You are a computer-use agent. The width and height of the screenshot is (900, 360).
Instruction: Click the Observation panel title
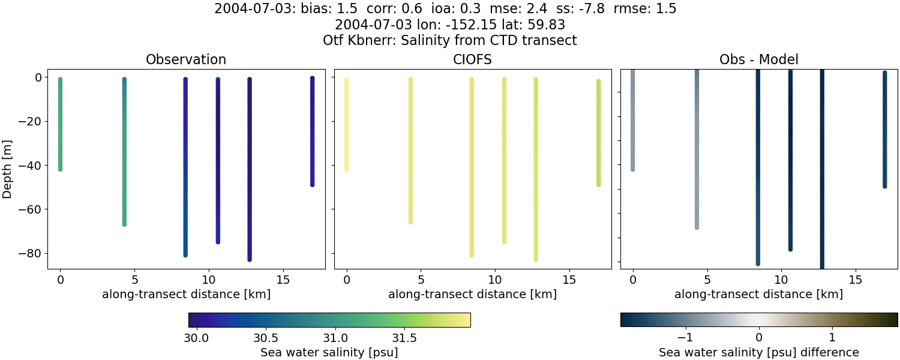(x=186, y=59)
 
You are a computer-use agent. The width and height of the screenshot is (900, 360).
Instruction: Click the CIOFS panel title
(x=472, y=59)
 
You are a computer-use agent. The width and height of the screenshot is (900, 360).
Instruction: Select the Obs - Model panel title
(x=758, y=59)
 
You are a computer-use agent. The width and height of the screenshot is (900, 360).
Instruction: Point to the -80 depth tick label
(x=28, y=253)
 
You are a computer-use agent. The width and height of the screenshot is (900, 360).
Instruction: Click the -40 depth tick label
(x=28, y=165)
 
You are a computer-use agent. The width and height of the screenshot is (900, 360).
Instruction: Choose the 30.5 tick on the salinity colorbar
(x=264, y=338)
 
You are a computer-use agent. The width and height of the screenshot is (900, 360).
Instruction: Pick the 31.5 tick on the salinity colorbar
(x=404, y=338)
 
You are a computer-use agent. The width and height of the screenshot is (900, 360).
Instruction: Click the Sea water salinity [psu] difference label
(x=758, y=352)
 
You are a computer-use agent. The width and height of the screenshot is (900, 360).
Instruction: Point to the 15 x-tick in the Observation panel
(x=283, y=280)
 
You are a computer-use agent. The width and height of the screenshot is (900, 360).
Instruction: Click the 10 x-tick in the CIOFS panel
(x=494, y=280)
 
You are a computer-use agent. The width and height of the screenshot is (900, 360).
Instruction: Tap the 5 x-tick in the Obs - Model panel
(x=707, y=280)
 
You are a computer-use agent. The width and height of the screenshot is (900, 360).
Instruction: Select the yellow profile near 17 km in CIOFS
(x=598, y=133)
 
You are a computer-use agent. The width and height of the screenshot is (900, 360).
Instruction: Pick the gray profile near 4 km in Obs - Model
(x=697, y=150)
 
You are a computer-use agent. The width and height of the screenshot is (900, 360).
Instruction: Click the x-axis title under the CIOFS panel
(x=472, y=295)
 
